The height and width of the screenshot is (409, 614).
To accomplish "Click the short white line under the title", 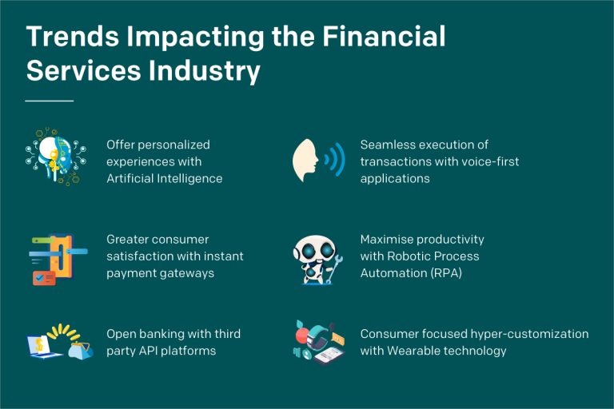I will pyautogui.click(x=49, y=101).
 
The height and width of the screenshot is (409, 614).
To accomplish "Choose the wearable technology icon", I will pyautogui.click(x=317, y=343).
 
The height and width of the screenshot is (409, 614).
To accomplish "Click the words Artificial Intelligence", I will pyautogui.click(x=164, y=178).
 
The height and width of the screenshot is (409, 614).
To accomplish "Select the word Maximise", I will pyautogui.click(x=389, y=239).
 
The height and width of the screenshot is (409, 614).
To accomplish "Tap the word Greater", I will pyautogui.click(x=129, y=239).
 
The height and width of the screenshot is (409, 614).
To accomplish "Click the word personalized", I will pyautogui.click(x=173, y=145).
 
